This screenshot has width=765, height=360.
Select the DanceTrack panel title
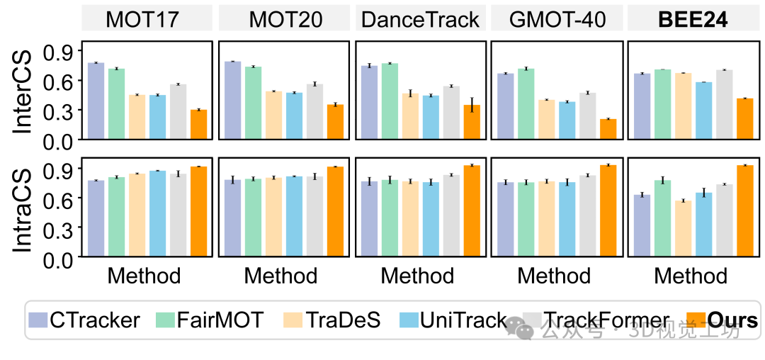(421, 19)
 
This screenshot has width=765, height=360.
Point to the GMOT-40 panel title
(557, 19)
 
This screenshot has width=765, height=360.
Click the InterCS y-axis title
(21, 91)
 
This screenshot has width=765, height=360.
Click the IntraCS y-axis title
(21, 210)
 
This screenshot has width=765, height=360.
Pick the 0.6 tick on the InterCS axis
(59, 80)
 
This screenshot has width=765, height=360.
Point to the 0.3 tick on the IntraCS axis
(59, 227)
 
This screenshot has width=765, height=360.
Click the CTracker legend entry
(84, 320)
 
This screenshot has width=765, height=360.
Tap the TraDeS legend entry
(331, 320)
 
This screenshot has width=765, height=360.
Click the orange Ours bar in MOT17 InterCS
(199, 125)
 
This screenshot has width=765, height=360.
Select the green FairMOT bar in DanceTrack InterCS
(390, 101)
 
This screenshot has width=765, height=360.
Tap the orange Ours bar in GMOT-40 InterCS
(608, 129)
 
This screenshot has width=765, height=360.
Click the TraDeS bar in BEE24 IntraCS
(684, 228)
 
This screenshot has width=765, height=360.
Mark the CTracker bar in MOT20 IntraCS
(233, 218)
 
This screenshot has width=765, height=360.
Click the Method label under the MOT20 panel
(280, 276)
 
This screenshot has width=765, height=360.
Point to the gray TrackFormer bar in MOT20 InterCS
(314, 112)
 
